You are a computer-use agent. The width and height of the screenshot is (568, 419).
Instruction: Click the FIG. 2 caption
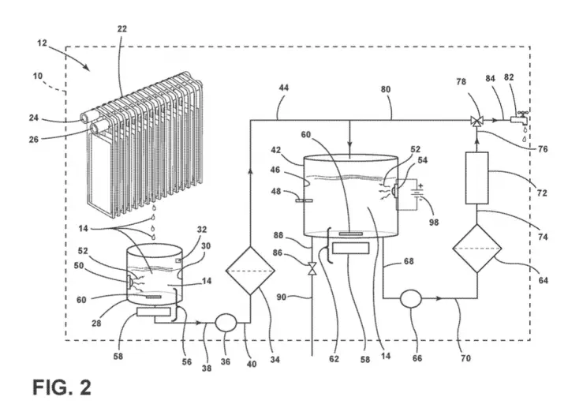pyautogui.click(x=62, y=387)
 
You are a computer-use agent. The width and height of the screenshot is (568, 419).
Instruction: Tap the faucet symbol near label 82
pyautogui.click(x=520, y=118)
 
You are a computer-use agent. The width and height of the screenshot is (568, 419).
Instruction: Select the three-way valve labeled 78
pyautogui.click(x=476, y=121)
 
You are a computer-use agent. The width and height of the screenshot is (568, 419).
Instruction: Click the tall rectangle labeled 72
pyautogui.click(x=476, y=178)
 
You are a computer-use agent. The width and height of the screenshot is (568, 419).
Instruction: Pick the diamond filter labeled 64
pyautogui.click(x=477, y=249)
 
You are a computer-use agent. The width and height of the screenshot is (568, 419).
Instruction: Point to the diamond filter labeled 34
pyautogui.click(x=250, y=271)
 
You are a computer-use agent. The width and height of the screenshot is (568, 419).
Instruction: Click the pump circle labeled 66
pyautogui.click(x=411, y=298)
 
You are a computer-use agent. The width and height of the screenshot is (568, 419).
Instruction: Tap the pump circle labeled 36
pyautogui.click(x=226, y=322)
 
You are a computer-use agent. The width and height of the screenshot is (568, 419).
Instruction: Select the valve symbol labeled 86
pyautogui.click(x=312, y=268)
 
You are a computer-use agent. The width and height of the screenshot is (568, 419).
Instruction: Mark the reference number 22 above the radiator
pyautogui.click(x=122, y=28)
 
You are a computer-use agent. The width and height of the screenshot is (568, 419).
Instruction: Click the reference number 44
pyautogui.click(x=284, y=88)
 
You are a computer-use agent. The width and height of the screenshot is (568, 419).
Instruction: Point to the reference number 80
pyautogui.click(x=386, y=89)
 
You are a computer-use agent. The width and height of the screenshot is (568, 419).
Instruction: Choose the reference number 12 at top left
pyautogui.click(x=42, y=43)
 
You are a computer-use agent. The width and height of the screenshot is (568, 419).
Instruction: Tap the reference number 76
pyautogui.click(x=543, y=149)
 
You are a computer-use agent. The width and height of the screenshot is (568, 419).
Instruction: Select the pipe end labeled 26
pyautogui.click(x=97, y=128)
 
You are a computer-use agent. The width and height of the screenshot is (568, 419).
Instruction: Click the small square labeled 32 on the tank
pyautogui.click(x=178, y=260)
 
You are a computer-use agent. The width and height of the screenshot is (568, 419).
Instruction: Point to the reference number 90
pyautogui.click(x=282, y=297)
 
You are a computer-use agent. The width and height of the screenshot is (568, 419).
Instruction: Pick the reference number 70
pyautogui.click(x=465, y=358)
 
